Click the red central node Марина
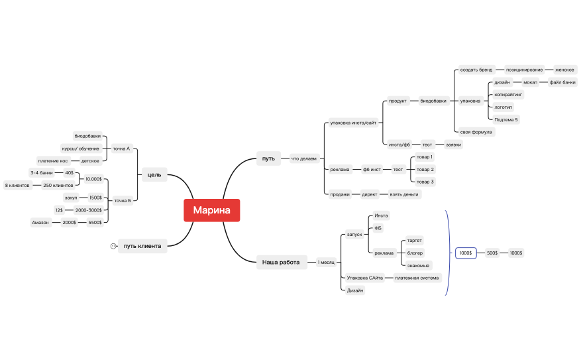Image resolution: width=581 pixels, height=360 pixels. pos(211,210)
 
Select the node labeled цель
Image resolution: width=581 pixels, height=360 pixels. pos(154,174)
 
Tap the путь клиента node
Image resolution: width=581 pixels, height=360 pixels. pos(142,246)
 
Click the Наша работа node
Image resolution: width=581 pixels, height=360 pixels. pos(282,262)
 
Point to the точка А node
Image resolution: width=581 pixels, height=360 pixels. pos(121,149)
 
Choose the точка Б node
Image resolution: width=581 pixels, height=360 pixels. pos(123,201)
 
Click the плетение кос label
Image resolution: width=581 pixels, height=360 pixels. pos(53,161)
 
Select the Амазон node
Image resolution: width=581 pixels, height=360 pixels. pos(40,223)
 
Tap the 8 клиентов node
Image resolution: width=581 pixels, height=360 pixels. pos(17,186)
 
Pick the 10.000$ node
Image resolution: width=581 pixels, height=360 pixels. pos(93,179)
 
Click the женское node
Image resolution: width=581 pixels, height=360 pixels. pos(564,70)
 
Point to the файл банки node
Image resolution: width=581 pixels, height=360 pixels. pos(562,82)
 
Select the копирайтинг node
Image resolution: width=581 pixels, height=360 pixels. pos(508,95)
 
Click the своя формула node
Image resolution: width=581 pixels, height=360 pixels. pos(476,132)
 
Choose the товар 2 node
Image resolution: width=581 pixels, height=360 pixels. pos(425,170)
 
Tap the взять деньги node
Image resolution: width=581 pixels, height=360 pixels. pos(404,194)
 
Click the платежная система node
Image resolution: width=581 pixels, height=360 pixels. pos(417,278)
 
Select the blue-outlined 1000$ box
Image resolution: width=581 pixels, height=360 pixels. pos(466,253)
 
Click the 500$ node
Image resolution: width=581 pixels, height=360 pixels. pos(492,253)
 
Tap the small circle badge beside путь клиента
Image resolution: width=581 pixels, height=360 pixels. pos(113,246)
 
